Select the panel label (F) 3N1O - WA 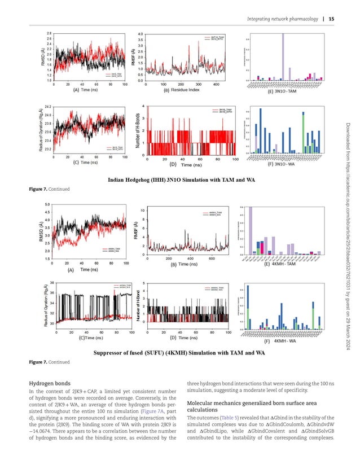click(x=283, y=165)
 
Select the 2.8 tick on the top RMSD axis click(x=49, y=34)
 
